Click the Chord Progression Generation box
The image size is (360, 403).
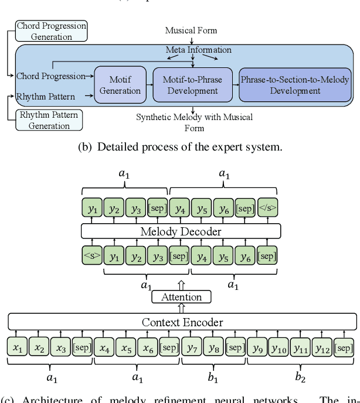coord(52,31)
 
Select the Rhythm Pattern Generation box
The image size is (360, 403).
coord(49,119)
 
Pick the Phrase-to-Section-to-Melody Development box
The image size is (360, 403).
coord(295,85)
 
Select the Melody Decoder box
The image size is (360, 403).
coord(181,231)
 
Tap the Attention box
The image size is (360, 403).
coord(181,297)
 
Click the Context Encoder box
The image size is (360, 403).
coord(182,322)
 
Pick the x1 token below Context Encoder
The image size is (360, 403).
coord(18,348)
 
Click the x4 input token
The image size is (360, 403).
coord(104,348)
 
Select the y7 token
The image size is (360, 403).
coord(192,348)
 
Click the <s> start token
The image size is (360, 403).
coord(92,255)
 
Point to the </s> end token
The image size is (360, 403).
coord(267,208)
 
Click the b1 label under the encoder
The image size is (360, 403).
coord(213,378)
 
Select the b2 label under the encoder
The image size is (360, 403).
coord(300,378)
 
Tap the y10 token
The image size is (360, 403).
coord(279,348)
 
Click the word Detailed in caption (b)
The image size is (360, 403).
coord(117,148)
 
